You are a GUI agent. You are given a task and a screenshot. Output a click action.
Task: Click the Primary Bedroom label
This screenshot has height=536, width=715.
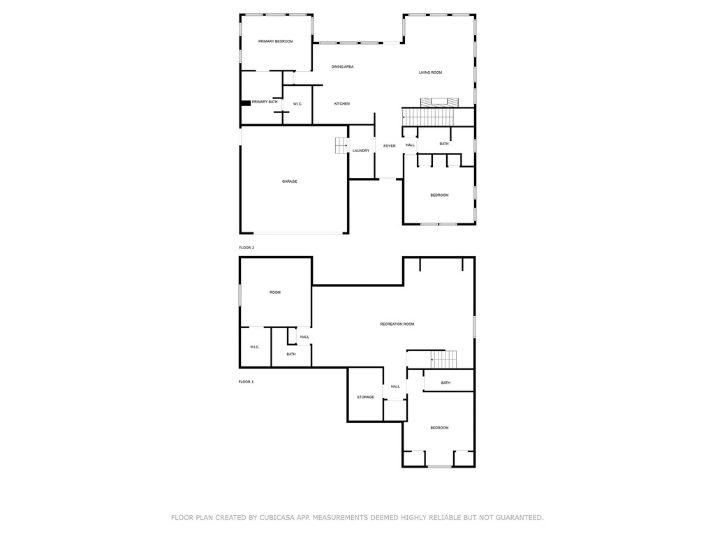(275, 41)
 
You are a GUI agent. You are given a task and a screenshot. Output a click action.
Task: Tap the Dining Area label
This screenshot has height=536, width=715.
(342, 66)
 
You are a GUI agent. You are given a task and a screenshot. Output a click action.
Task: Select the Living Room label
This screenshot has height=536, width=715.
(430, 73)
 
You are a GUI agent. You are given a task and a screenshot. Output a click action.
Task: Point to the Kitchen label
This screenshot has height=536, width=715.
(342, 104)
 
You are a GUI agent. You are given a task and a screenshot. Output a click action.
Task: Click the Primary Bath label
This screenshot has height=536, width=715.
(265, 102)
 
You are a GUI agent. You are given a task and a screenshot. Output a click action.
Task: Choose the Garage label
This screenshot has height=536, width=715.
(289, 181)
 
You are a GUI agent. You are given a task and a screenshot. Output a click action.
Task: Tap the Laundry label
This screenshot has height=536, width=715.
(361, 151)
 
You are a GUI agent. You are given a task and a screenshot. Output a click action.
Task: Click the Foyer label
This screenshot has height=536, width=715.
(390, 146)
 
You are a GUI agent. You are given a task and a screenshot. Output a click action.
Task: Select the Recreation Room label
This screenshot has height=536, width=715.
(397, 324)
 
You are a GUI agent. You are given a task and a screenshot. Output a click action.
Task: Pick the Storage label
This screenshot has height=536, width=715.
(365, 397)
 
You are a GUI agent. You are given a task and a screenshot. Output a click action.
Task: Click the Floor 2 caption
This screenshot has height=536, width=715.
(246, 248)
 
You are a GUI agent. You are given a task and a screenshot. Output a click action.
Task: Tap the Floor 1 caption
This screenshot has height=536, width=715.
(246, 382)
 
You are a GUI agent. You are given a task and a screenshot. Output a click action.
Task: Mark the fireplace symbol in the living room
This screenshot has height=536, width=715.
(439, 103)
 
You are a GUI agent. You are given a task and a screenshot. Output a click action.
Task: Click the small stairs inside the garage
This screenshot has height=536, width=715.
(341, 145)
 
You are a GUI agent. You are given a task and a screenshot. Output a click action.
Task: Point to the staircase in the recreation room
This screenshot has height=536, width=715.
(443, 359)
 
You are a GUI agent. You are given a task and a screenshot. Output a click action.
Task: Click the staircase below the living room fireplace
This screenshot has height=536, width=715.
(429, 117)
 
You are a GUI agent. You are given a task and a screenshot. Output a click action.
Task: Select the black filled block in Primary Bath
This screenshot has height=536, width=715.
(245, 103)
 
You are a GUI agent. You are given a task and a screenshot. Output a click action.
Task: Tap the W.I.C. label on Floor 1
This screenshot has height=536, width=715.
(254, 347)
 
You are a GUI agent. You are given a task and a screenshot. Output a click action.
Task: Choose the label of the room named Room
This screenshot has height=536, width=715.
(275, 292)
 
